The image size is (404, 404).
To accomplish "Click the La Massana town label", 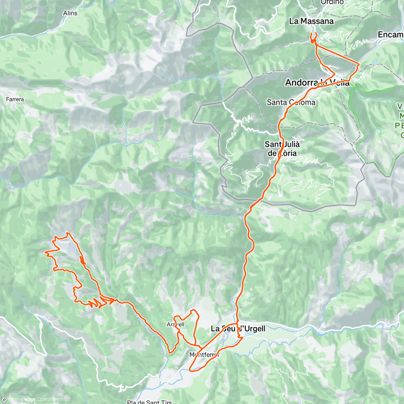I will click(311, 21).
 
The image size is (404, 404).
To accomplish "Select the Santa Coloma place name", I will click(291, 102).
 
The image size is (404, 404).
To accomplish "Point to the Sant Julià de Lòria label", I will click(282, 148).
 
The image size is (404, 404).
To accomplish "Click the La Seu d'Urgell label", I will click(238, 329).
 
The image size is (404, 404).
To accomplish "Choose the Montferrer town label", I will click(204, 355).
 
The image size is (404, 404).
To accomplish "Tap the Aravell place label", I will click(175, 325).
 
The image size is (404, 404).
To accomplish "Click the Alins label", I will click(70, 13).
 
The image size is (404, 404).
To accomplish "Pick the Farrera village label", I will click(15, 99).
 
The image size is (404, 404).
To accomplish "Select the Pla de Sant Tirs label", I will click(149, 402).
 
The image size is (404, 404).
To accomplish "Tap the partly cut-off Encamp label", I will click(391, 35).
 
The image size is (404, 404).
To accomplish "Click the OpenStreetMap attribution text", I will click(54, 400).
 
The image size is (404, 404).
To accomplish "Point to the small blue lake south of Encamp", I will click(374, 62).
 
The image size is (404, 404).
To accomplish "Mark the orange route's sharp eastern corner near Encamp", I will click(359, 63).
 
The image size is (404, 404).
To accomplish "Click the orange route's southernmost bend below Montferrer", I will click(191, 371).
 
